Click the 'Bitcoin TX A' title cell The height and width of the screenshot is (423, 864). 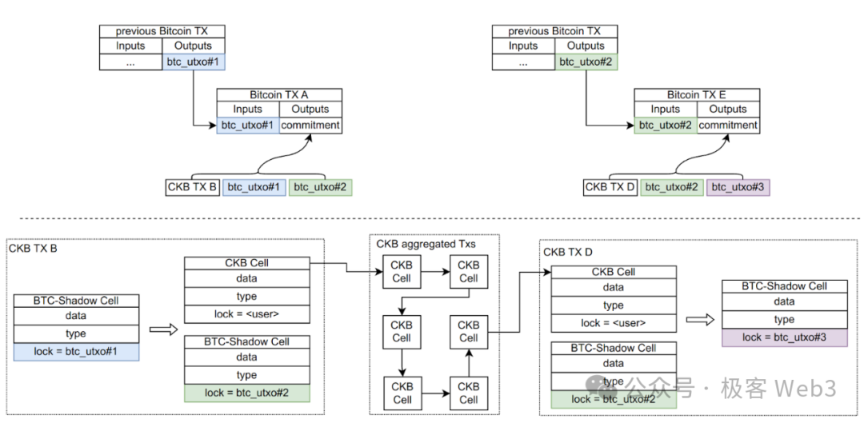click(x=278, y=94)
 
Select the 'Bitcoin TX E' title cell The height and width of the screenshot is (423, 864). click(x=696, y=94)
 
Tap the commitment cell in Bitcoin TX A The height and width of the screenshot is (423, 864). click(x=310, y=125)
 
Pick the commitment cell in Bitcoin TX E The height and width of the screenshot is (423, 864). click(x=728, y=125)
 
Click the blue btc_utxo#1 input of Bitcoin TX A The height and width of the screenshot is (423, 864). click(x=247, y=125)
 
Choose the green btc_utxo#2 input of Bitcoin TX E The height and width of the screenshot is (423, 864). click(x=666, y=125)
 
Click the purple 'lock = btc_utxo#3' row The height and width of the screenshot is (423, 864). click(x=784, y=337)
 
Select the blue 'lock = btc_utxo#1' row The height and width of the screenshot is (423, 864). click(x=76, y=351)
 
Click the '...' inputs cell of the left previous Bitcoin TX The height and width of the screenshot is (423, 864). click(x=130, y=61)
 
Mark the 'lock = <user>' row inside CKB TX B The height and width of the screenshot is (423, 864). click(x=246, y=313)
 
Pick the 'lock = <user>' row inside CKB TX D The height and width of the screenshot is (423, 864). click(x=613, y=323)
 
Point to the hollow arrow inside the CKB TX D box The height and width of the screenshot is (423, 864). click(x=698, y=320)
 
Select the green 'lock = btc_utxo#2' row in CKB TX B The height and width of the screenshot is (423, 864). click(x=246, y=392)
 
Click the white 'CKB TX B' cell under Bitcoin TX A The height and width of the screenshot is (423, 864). click(x=192, y=187)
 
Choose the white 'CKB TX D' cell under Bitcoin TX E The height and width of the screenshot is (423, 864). click(x=610, y=187)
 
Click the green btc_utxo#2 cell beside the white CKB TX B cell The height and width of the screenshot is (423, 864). click(x=320, y=187)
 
